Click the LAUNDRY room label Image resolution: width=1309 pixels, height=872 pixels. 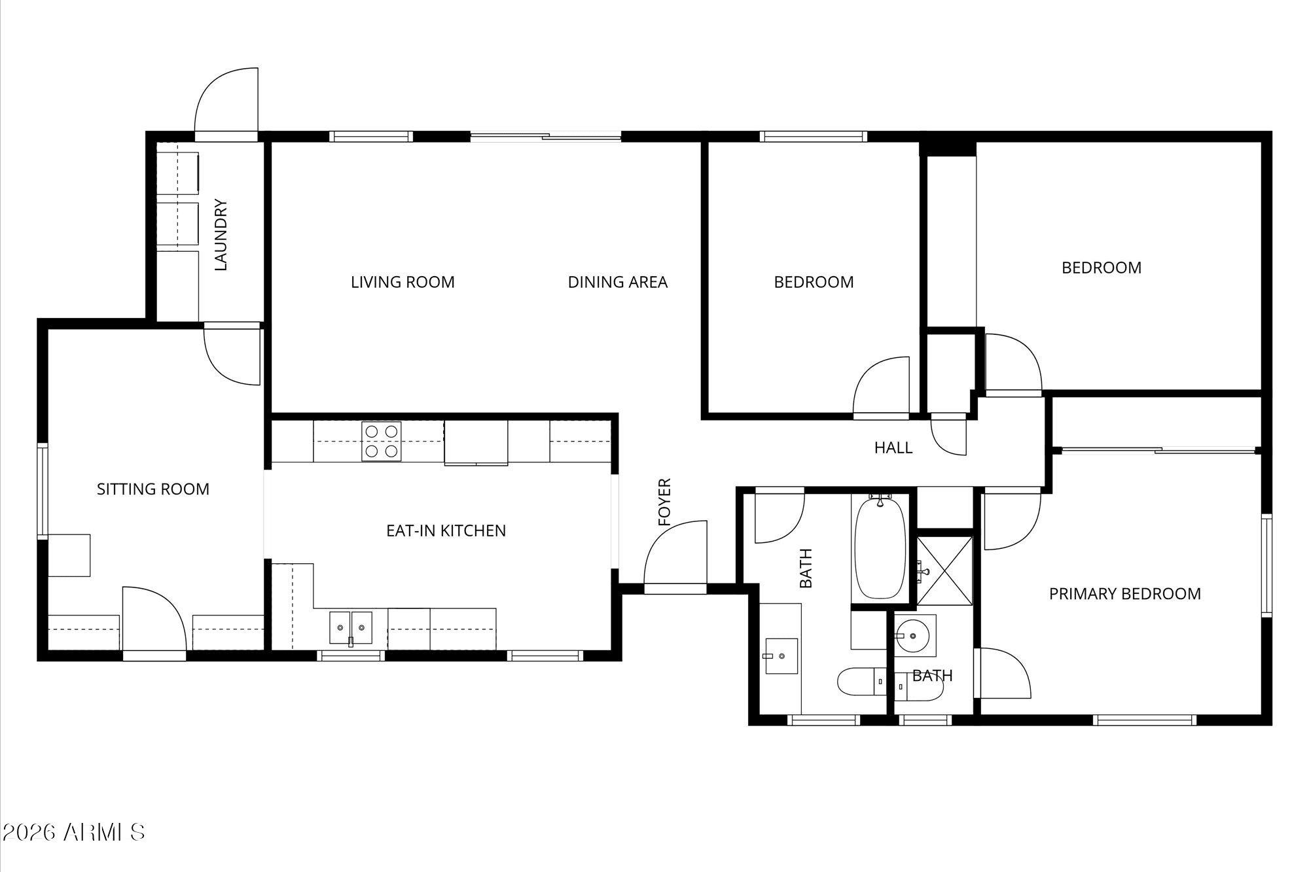[x=221, y=235]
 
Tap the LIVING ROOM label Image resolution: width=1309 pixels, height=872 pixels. [x=403, y=282]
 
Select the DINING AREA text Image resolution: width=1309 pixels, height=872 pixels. [x=617, y=282]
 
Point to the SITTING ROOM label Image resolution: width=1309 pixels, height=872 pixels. [x=153, y=489]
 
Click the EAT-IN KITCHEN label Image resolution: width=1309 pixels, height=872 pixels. [x=446, y=531]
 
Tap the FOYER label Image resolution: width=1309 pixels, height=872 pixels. [x=665, y=502]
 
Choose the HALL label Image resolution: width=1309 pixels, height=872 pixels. [x=893, y=447]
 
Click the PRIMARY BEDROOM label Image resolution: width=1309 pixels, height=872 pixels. [x=1124, y=593]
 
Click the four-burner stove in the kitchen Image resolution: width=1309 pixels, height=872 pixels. [x=382, y=442]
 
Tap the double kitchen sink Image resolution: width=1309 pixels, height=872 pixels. [x=351, y=628]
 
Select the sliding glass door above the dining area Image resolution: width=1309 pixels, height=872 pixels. [x=546, y=137]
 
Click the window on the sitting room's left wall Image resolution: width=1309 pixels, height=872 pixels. [x=43, y=491]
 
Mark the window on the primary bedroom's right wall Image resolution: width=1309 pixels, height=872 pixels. [x=1266, y=566]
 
